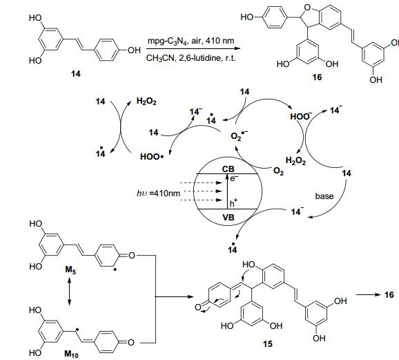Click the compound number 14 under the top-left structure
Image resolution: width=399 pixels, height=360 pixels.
click(75, 74)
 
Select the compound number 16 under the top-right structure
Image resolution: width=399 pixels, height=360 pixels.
click(317, 77)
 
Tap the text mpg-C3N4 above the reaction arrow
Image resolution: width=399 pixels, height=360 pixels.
click(167, 41)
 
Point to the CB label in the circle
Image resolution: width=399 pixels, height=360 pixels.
click(228, 169)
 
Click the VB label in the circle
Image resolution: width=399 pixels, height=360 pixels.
click(228, 218)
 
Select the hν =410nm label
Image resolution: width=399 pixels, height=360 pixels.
click(158, 193)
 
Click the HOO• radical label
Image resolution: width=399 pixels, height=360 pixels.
click(152, 157)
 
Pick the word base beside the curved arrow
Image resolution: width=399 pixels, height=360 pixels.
click(324, 196)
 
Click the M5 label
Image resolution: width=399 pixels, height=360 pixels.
click(70, 269)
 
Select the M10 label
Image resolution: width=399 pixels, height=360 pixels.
click(72, 354)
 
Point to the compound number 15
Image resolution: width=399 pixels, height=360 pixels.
click(267, 344)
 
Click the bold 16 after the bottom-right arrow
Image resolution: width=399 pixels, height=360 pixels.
click(389, 295)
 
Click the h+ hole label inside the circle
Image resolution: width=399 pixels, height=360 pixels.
click(233, 203)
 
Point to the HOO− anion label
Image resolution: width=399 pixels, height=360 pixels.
click(301, 116)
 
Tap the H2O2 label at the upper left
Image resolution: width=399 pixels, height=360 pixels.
click(146, 102)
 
